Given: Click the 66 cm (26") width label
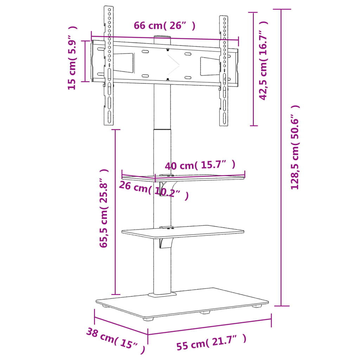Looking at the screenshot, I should point(164,26).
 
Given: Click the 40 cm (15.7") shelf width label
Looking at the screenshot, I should point(200,165).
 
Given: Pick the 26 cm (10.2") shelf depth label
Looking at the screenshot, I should point(153,190).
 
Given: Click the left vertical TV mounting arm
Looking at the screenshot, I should point(109,67).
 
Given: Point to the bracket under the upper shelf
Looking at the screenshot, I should point(166,188).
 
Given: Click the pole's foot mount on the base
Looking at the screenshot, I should point(162,294).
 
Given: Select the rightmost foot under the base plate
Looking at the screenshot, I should point(258,306).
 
